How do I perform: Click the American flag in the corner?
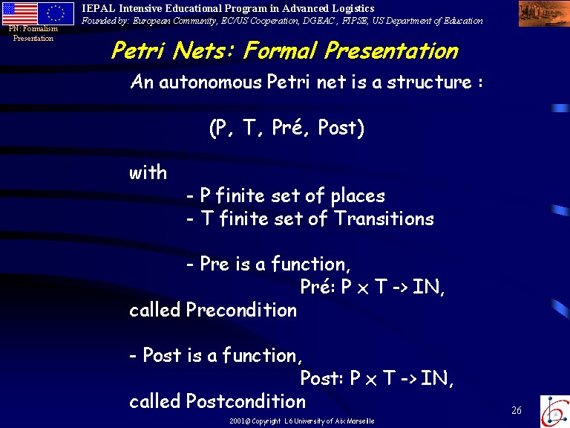[x=19, y=13]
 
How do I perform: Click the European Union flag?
[x=56, y=13]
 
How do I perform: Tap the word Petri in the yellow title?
[x=138, y=51]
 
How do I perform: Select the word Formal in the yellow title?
[x=280, y=51]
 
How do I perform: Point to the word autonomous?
[x=210, y=82]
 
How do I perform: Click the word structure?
[x=429, y=82]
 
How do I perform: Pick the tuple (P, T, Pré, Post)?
[x=286, y=127]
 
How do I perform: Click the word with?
[x=148, y=172]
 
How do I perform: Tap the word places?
[x=358, y=196]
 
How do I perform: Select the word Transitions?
[x=384, y=218]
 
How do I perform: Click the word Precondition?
[x=241, y=310]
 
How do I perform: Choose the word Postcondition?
[x=246, y=401]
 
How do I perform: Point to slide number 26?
[x=517, y=410]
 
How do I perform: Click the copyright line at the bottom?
[x=302, y=421]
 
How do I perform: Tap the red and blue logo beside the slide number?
[x=554, y=411]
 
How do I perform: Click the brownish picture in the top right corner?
[x=544, y=13]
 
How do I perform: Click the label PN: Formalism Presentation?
[x=33, y=33]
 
